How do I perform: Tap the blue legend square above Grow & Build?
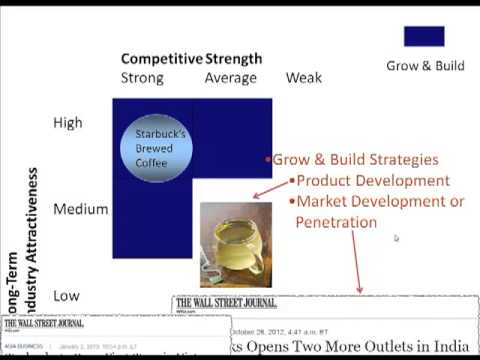[424, 37]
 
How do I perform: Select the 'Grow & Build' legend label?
[425, 66]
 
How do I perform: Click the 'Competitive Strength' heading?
[191, 59]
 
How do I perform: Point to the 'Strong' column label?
[142, 78]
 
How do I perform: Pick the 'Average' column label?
[230, 78]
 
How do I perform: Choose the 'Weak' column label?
[304, 78]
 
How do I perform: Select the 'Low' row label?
[66, 296]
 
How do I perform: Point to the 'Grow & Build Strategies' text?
[356, 159]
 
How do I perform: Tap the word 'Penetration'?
[335, 222]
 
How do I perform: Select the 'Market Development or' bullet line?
[377, 202]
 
